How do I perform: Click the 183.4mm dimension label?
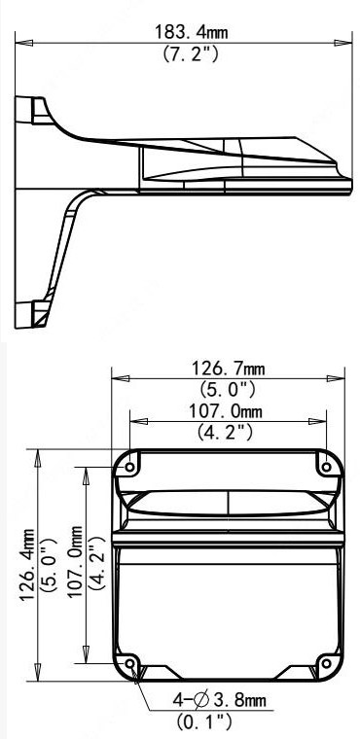[x=191, y=33]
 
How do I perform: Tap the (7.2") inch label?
[x=191, y=53]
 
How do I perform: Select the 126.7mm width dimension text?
[x=228, y=369]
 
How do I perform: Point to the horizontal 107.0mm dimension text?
[x=226, y=411]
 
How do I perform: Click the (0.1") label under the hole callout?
[x=204, y=721]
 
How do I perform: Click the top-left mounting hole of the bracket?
[x=130, y=467]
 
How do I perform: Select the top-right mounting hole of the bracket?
[x=326, y=467]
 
